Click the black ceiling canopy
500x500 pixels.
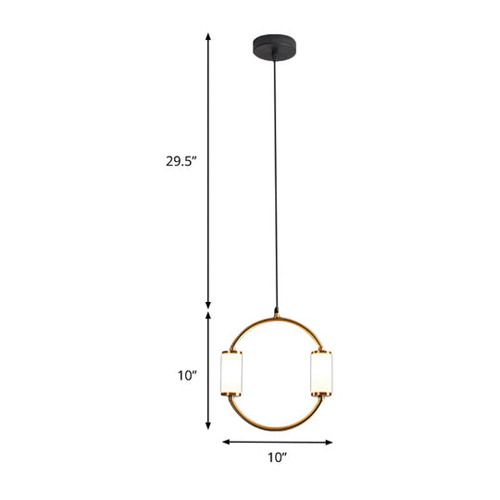[276, 44]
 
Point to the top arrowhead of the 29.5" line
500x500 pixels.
[208, 36]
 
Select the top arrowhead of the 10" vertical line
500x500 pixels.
[208, 316]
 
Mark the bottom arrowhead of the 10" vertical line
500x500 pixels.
[208, 429]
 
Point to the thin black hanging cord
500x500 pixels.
[276, 185]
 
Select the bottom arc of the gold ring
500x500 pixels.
[276, 429]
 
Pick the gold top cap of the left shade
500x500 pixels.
[231, 351]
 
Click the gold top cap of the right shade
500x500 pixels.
[321, 351]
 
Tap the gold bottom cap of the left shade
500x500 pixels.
[231, 397]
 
